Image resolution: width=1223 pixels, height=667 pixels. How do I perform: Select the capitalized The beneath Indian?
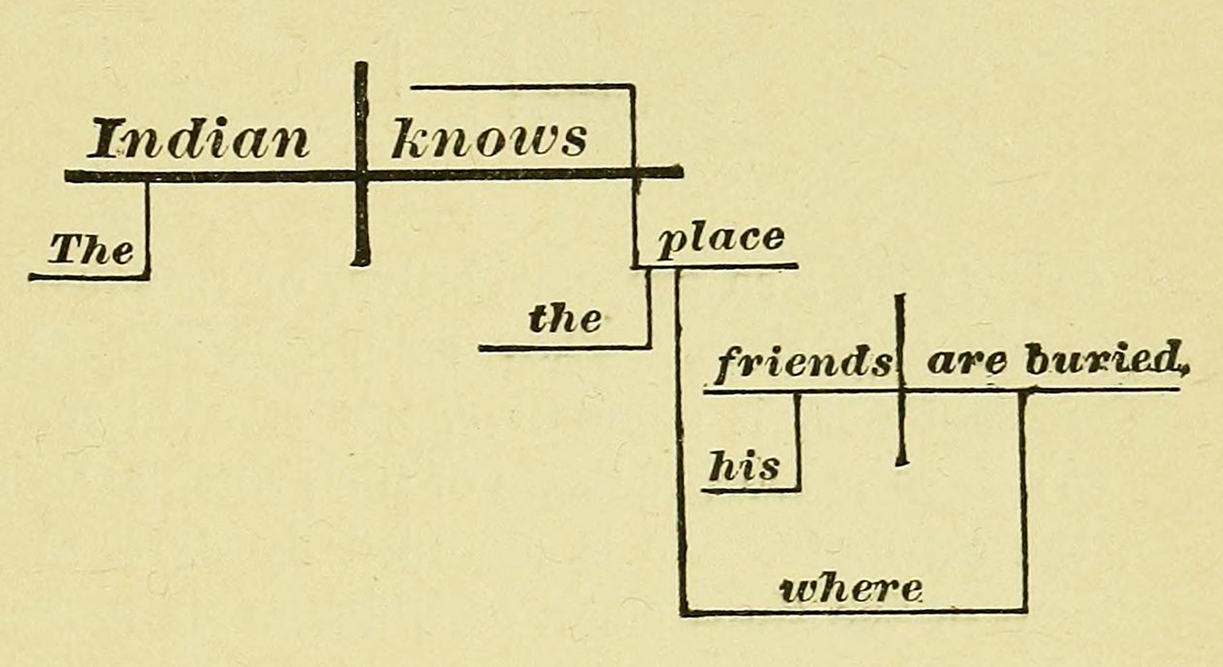tap(91, 249)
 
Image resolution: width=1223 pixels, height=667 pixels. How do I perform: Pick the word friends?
tap(802, 363)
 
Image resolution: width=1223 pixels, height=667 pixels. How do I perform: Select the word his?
tap(744, 466)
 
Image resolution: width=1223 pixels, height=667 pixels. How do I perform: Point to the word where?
tap(851, 589)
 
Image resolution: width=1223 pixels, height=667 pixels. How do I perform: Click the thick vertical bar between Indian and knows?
tap(361, 163)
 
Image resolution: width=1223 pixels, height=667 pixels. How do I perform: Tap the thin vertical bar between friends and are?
tap(901, 380)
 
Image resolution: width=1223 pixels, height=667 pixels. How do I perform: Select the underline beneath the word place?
tap(716, 267)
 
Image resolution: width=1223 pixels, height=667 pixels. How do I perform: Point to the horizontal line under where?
tap(854, 611)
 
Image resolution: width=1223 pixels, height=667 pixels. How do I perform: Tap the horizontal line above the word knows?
tap(523, 86)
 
